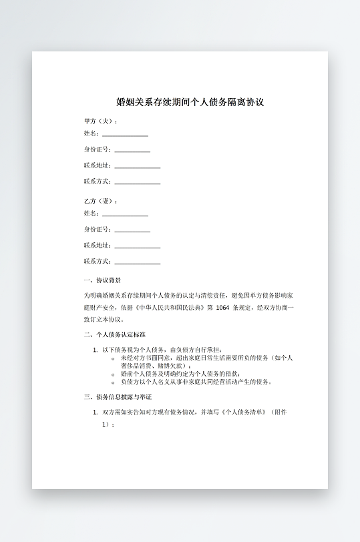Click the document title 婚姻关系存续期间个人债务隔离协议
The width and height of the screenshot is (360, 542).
coord(190,102)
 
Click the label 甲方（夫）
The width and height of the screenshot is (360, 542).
coord(101,121)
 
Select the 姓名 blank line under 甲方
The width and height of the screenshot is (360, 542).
coord(125,135)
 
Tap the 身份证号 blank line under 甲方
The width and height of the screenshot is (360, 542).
coord(132,151)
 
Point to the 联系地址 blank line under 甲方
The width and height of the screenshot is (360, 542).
coord(138,167)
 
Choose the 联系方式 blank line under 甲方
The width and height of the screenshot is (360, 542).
coord(138,183)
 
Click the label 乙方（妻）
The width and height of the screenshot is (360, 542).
coord(101,201)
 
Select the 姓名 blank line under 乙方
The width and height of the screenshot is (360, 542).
coord(125,215)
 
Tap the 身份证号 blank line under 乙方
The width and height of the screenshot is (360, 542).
coord(132,231)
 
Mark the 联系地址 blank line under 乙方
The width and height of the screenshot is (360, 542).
coord(138,247)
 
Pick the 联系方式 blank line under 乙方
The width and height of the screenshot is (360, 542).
coord(138,263)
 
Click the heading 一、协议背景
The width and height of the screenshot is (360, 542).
coord(102,280)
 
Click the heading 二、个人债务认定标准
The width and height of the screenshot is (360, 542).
coord(114,334)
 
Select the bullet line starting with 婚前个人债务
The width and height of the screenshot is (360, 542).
coord(180,374)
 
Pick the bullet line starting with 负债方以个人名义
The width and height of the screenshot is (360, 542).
coord(196,382)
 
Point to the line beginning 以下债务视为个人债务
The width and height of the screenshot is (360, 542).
coord(162,350)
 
